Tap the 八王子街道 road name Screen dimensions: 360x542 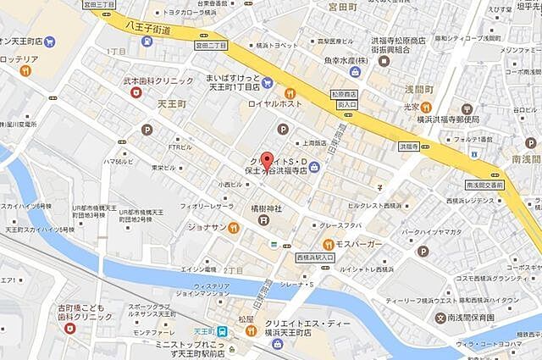coord(146,30)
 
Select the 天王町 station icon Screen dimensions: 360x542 coord(222,333)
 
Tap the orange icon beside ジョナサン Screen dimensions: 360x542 coord(233,228)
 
